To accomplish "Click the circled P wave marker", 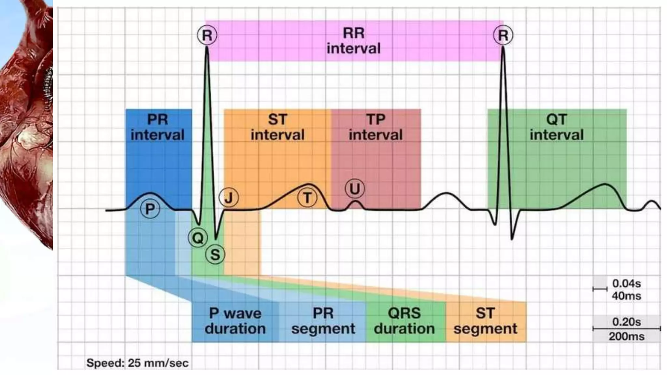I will click(150, 209).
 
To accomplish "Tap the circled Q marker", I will click(198, 238).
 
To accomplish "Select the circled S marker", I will click(215, 254).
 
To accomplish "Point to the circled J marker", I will click(229, 198).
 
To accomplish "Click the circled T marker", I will click(307, 198).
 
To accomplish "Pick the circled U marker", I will click(355, 189).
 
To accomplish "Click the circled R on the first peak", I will click(207, 35).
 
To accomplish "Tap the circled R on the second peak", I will click(503, 35).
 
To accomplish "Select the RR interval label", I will click(354, 41).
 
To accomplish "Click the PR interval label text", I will click(158, 127).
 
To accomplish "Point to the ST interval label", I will click(277, 127).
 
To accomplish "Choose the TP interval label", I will click(376, 127).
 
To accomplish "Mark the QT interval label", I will click(557, 127).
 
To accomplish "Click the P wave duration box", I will click(235, 321).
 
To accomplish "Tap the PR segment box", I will click(323, 321).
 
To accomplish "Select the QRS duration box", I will click(404, 321).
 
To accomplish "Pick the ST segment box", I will click(485, 321).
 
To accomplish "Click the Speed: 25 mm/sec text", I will click(137, 363).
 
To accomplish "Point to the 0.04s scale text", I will click(626, 284).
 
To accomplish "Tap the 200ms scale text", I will click(626, 336).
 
